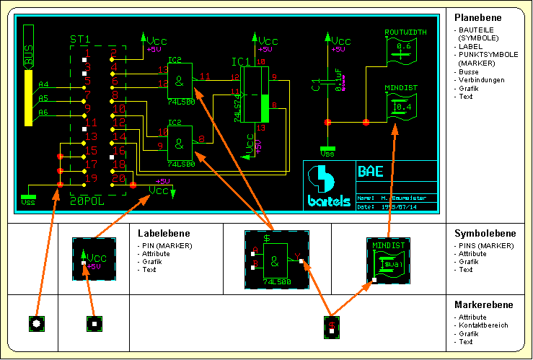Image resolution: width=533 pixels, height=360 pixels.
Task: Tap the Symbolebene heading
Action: coord(485,233)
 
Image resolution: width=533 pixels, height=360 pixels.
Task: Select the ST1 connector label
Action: coord(79,39)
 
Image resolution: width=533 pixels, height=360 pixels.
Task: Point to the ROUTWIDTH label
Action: coord(405,32)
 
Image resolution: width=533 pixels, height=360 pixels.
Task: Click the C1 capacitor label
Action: coord(314,86)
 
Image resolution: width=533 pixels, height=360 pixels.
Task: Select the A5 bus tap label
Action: coord(43,98)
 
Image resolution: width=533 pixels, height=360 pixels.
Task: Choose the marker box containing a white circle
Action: coord(37,325)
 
